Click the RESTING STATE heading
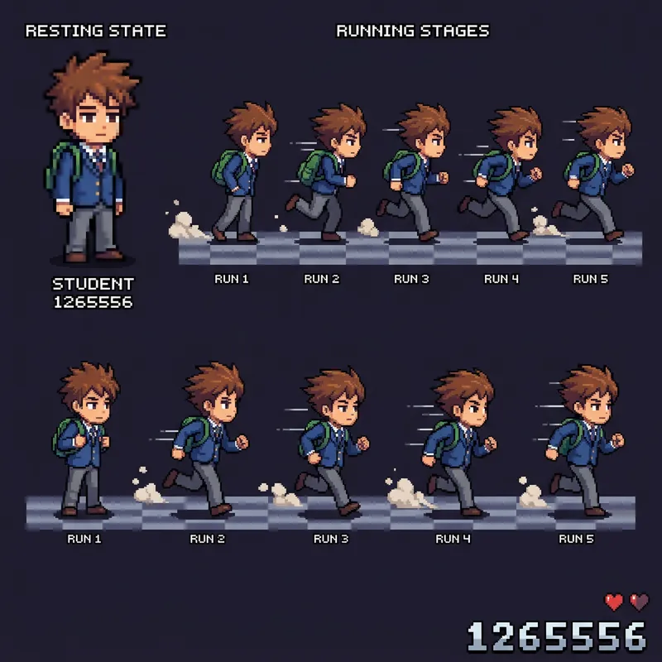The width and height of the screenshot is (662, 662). pos(95,31)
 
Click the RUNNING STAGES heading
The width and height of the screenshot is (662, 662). pos(412,31)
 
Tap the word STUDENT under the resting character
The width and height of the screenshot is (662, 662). pos(93,285)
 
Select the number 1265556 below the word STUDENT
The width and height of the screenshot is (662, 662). pos(93,302)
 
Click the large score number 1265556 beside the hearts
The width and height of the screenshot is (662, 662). pos(556,636)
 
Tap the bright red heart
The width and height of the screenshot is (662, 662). pos(614,602)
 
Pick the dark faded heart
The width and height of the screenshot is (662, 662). pos(639,602)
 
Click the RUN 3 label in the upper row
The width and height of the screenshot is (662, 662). pos(411,279)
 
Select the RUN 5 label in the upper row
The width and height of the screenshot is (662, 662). pos(590,279)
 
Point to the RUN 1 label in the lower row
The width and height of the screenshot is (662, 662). pos(84,539)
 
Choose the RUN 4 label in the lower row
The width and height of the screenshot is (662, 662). pos(453,539)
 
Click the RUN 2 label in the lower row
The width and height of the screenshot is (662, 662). pos(207,539)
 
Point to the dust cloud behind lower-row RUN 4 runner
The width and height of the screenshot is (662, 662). pos(405,494)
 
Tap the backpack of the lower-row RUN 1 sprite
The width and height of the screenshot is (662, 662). pos(63,434)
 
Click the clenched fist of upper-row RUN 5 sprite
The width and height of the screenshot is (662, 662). pos(628,170)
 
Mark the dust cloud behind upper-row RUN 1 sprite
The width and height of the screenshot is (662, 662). pos(184,224)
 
